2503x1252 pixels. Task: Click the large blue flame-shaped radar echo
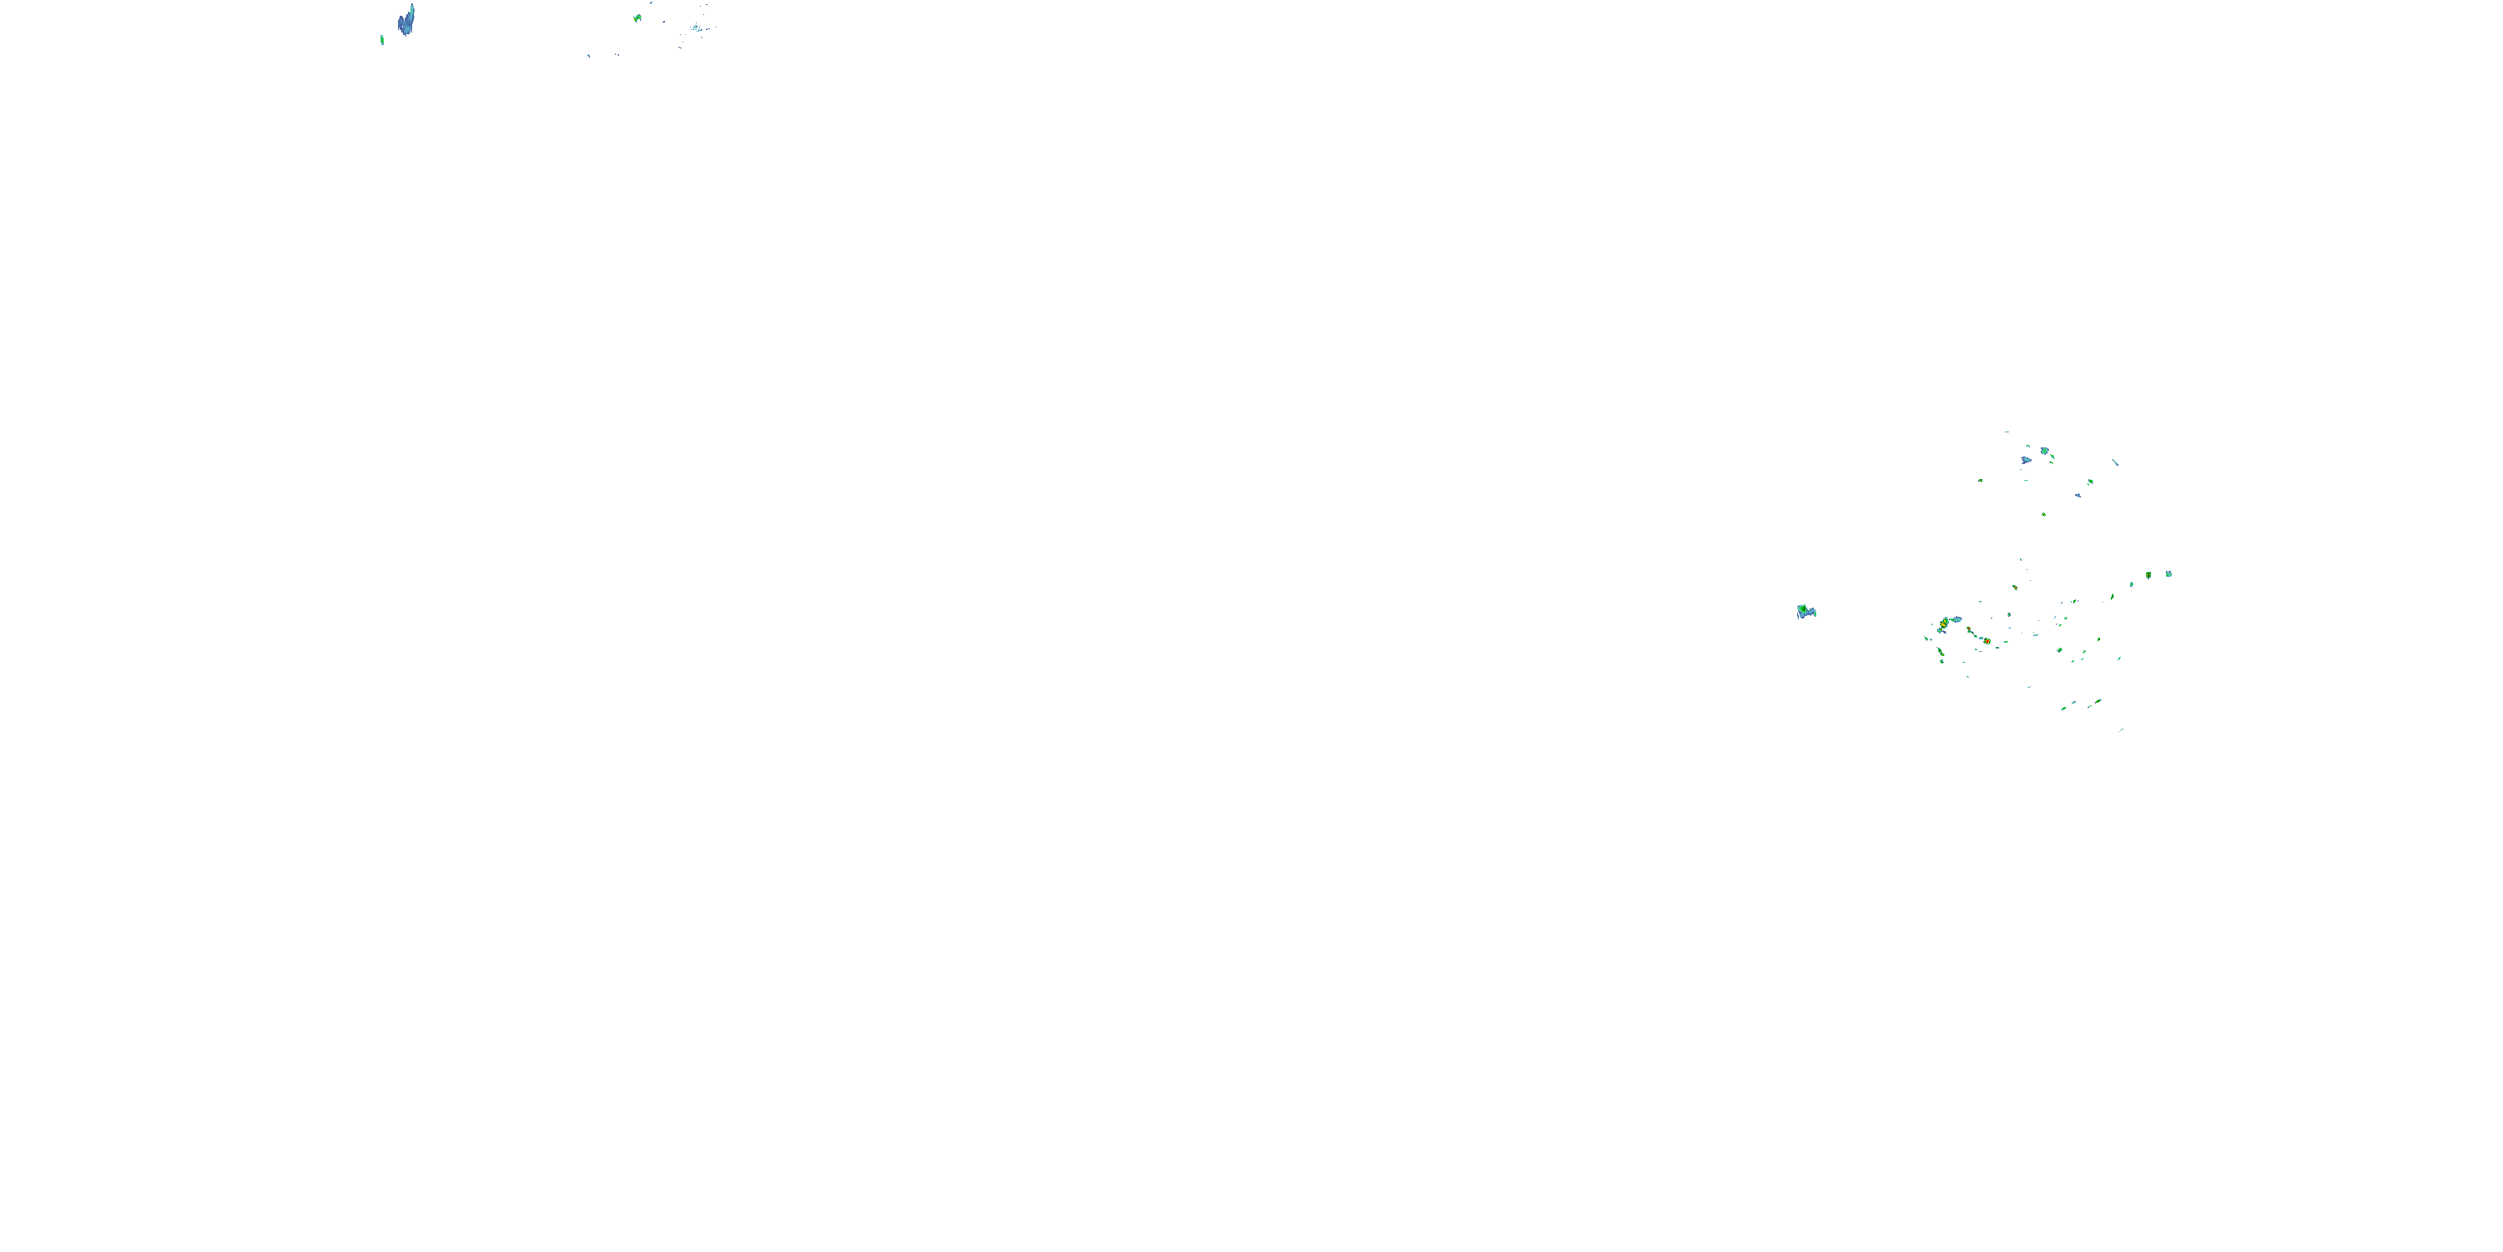[x=406, y=22]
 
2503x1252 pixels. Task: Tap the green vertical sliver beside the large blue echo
[x=382, y=40]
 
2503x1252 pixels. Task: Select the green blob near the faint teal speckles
[x=637, y=18]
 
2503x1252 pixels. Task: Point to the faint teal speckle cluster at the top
[x=696, y=28]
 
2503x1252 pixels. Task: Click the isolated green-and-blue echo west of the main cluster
[x=1805, y=612]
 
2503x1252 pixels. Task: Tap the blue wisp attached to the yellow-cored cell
[x=1955, y=618]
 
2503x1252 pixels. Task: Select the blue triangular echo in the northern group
[x=2026, y=460]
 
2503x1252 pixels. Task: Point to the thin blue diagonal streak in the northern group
[x=2115, y=462]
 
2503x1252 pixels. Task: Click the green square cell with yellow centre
[x=2148, y=575]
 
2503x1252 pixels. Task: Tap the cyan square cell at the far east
[x=2168, y=574]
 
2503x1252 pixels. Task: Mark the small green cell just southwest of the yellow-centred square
[x=2133, y=584]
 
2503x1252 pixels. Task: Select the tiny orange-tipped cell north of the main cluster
[x=2015, y=587]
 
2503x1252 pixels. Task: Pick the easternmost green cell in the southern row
[x=2099, y=701]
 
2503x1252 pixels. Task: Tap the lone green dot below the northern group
[x=2043, y=514]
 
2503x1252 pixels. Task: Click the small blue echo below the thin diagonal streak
[x=2078, y=495]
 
